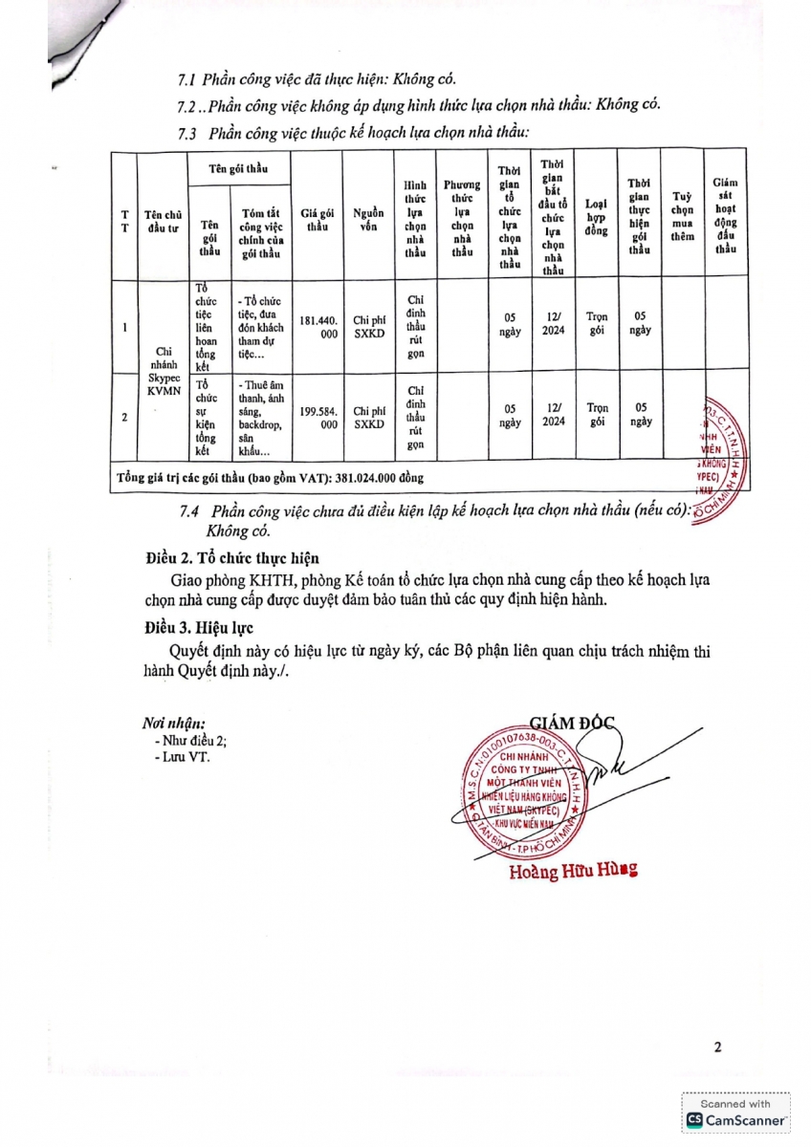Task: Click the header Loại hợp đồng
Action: pos(597,217)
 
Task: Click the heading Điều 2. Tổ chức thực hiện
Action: pos(232,558)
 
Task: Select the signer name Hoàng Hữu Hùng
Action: pos(572,871)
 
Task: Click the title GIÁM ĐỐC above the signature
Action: pos(572,724)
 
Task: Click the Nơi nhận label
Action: pos(173,724)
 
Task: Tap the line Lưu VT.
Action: pos(185,757)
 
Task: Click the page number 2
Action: pos(717,1047)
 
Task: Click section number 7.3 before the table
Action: pos(187,133)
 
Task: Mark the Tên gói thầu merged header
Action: pos(238,169)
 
